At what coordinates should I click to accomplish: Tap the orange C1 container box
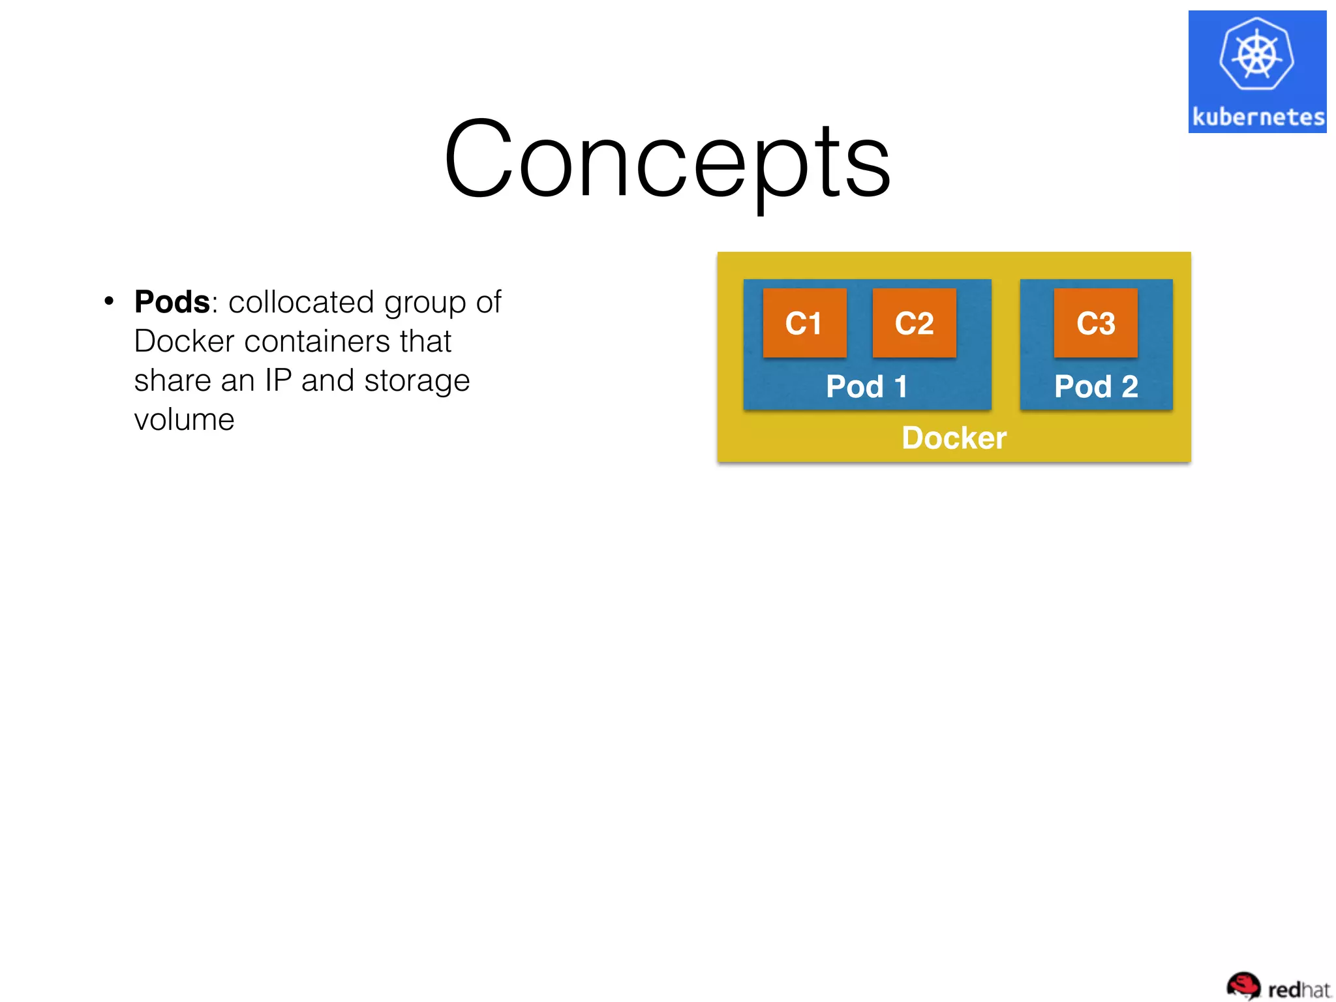804,324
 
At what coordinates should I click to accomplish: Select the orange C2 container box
914,324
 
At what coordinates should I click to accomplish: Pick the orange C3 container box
1095,324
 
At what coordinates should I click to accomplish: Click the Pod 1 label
866,386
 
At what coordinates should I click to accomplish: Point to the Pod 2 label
1096,386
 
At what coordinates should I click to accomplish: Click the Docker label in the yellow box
954,438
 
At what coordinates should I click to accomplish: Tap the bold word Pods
172,302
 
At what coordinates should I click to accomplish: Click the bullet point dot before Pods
109,301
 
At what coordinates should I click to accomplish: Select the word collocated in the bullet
301,302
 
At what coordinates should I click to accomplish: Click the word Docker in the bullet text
184,341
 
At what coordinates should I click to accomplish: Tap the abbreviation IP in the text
278,380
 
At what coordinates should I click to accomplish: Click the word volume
184,419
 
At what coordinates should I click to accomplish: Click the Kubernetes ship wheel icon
1256,55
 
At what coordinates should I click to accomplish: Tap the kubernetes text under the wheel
1258,117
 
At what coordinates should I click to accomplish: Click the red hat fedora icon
1243,985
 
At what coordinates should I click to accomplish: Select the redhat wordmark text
1298,990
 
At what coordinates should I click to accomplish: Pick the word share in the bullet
172,380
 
